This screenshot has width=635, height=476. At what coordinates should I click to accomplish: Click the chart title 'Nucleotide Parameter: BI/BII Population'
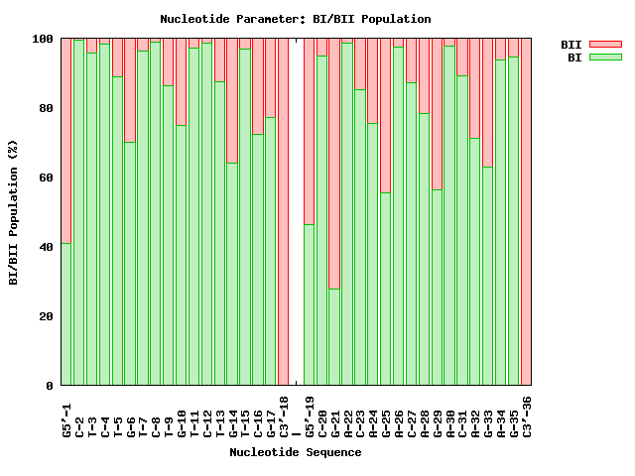tap(296, 19)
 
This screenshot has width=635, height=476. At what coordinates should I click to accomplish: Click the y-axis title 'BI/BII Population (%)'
tap(14, 212)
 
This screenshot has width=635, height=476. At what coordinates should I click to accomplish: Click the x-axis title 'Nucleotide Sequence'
tap(296, 452)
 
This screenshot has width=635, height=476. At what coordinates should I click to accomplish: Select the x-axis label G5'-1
tap(66, 416)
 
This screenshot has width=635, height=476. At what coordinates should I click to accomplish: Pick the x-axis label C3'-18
tap(283, 416)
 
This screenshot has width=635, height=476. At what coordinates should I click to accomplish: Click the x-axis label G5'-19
tap(309, 416)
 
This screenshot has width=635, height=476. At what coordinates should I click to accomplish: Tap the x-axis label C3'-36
tap(526, 416)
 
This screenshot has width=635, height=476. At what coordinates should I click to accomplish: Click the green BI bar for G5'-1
tap(66, 313)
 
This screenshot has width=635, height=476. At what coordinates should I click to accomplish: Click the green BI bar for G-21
tap(334, 337)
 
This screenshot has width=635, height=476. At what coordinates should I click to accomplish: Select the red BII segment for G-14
tap(232, 100)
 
